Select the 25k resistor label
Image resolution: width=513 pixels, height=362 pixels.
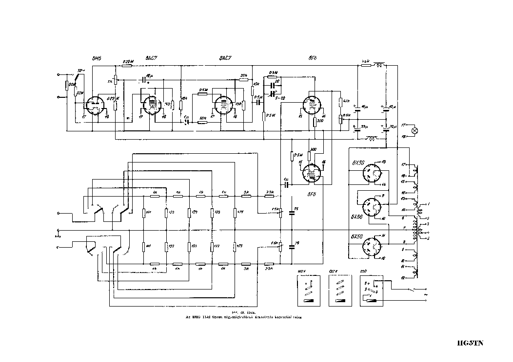[x=244, y=75]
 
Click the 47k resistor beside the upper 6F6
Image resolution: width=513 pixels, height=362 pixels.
[x=341, y=102]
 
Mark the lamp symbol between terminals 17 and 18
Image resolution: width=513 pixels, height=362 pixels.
[x=415, y=130]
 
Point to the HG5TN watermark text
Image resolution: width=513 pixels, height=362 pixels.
[x=470, y=343]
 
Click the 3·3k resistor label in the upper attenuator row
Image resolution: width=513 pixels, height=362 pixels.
[x=269, y=193]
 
